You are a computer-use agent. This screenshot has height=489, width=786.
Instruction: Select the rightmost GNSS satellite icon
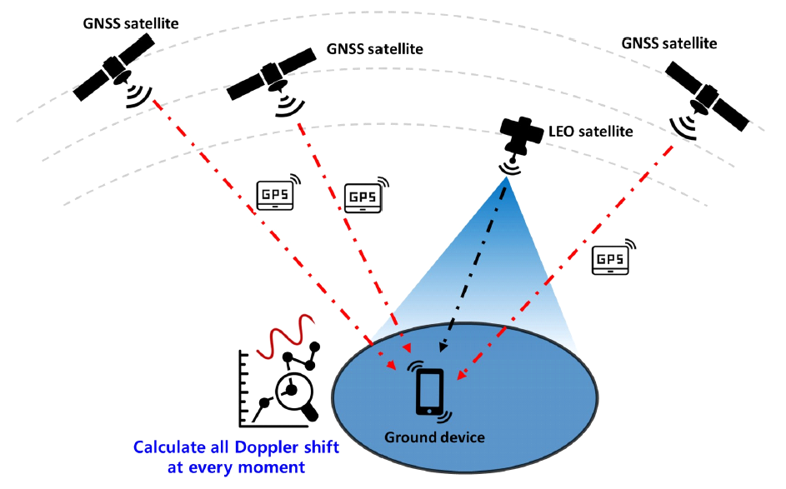706,93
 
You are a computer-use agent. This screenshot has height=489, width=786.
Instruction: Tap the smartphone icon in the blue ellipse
430,392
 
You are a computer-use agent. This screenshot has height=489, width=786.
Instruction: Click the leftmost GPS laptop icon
275,195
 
